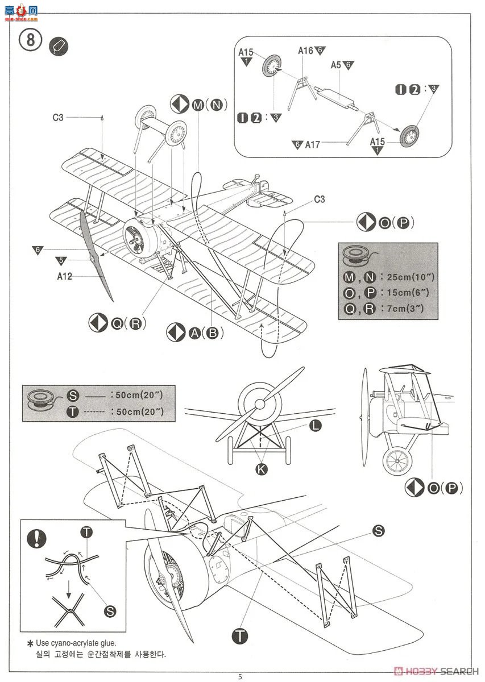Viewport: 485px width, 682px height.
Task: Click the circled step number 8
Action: [31, 41]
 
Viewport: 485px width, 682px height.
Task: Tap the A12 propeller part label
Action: [65, 277]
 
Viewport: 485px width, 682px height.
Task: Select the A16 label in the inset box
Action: [306, 51]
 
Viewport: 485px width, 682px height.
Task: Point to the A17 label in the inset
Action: [312, 145]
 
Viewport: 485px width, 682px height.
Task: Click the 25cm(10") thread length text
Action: [411, 277]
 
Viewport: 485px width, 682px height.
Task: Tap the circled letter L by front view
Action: [316, 426]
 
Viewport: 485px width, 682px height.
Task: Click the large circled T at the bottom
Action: [241, 636]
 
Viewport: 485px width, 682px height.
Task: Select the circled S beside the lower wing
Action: [378, 531]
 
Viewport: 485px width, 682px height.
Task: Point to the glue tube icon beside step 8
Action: [59, 46]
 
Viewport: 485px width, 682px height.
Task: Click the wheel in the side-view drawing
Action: [399, 459]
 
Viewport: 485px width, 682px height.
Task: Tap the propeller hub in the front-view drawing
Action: [259, 404]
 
